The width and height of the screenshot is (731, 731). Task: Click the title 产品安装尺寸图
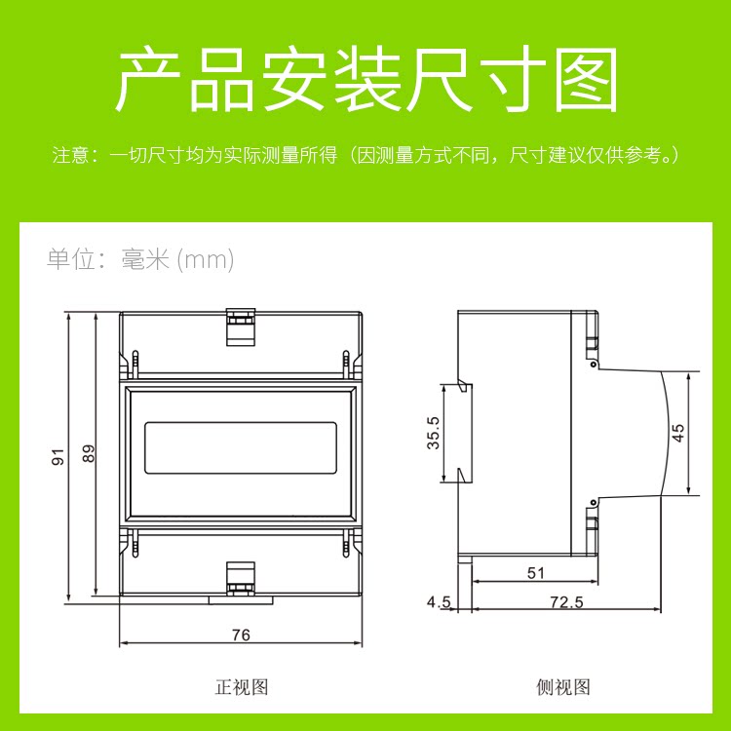click(366, 80)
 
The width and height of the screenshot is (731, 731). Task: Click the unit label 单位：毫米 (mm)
click(140, 259)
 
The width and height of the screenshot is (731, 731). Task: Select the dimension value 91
click(58, 455)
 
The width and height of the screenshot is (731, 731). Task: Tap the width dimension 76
click(241, 635)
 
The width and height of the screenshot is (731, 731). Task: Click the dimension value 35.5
click(434, 433)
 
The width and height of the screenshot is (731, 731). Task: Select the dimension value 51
click(536, 573)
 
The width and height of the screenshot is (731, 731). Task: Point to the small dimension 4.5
click(439, 602)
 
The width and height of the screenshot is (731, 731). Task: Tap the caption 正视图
click(241, 687)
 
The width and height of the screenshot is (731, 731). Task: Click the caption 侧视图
click(563, 687)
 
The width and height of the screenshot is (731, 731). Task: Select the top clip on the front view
click(241, 327)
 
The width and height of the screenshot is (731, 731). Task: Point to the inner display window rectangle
click(241, 447)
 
